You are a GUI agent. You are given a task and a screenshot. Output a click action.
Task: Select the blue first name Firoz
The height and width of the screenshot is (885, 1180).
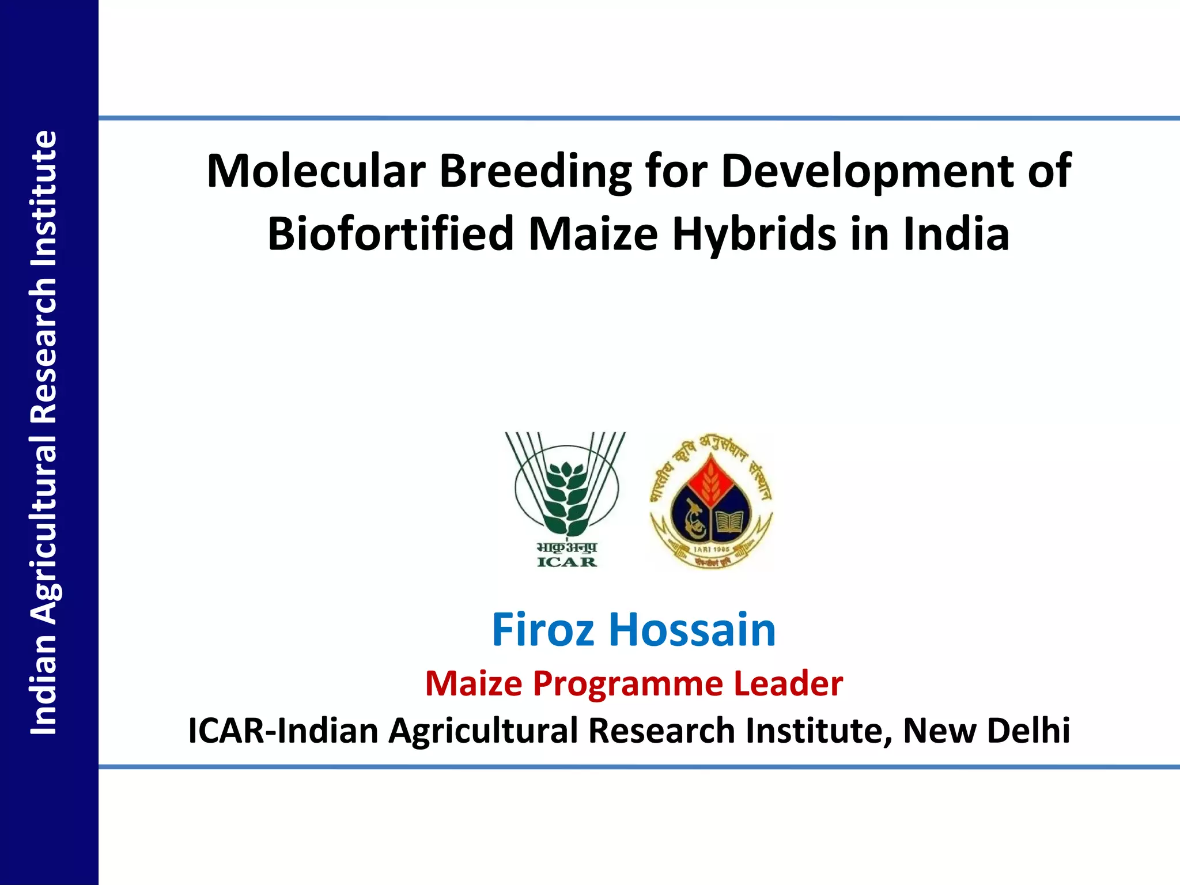coord(542,630)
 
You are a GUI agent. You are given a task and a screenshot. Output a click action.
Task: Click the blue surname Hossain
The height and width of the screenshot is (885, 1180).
coord(692,630)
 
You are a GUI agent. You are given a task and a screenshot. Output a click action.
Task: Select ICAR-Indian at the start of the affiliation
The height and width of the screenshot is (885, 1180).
coord(283,731)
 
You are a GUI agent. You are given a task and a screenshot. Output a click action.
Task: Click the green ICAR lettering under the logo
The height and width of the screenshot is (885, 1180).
coord(567,562)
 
